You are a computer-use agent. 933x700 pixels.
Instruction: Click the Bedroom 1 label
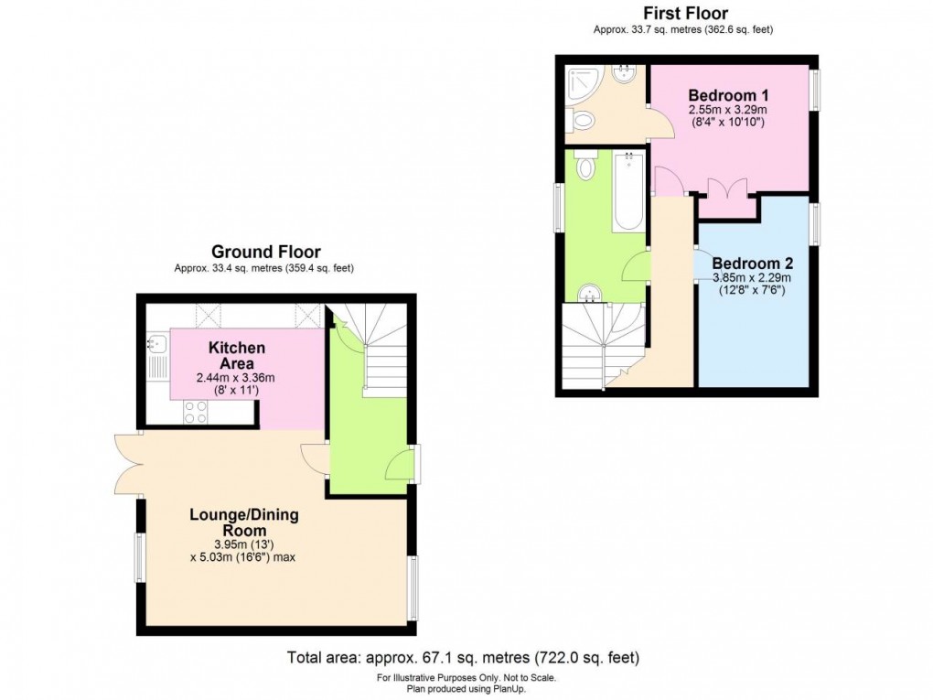tap(728, 95)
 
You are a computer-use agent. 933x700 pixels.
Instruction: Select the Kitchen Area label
tap(236, 354)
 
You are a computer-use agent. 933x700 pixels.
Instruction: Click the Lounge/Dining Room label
tap(243, 522)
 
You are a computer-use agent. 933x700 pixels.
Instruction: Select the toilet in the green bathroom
tap(586, 167)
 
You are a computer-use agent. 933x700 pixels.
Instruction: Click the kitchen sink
tap(155, 346)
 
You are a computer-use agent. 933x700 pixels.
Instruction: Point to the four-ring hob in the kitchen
tap(196, 413)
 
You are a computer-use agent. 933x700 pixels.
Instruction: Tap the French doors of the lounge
tap(127, 464)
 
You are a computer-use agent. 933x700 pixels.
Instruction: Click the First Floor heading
tap(685, 13)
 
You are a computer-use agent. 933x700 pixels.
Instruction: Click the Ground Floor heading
tap(265, 252)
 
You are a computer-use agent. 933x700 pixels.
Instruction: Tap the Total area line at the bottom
tap(463, 657)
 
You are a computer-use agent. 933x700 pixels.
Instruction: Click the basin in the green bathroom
tap(591, 293)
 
